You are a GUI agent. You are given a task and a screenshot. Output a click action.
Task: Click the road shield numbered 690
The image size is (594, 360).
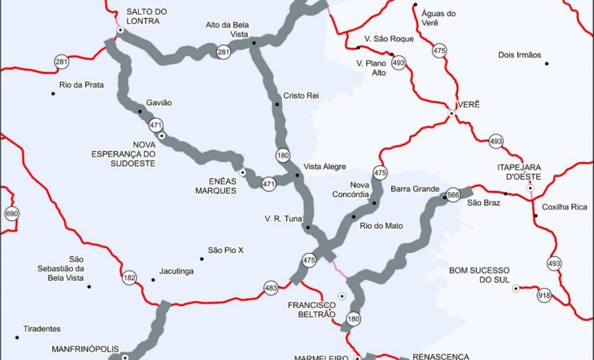click(11, 213)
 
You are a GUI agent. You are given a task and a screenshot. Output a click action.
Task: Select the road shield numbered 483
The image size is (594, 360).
click(271, 287)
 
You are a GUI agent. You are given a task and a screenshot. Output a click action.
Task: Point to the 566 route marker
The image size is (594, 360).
click(453, 193)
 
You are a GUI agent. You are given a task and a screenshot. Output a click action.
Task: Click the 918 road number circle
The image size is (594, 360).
click(544, 296)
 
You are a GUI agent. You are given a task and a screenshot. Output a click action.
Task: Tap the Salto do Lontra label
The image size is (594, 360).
click(146, 16)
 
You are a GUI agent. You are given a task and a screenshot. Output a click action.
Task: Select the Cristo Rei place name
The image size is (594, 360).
click(301, 96)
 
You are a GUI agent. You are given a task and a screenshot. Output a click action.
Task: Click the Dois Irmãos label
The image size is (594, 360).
click(519, 55)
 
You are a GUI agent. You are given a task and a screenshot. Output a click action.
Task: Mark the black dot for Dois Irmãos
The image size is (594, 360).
click(547, 64)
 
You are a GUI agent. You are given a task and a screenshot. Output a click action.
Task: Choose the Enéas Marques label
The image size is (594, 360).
click(216, 186)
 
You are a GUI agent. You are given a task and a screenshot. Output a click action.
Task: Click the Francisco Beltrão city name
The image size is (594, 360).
click(312, 309)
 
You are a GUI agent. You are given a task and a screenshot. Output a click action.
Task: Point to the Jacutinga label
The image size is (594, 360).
click(177, 272)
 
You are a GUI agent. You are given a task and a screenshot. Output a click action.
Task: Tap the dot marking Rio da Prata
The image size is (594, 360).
click(53, 94)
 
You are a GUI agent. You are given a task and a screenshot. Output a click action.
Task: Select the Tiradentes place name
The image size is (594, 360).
click(42, 329)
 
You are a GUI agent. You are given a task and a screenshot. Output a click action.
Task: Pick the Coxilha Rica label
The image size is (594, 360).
click(565, 207)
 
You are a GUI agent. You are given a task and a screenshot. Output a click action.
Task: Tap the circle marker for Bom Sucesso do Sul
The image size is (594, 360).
click(515, 289)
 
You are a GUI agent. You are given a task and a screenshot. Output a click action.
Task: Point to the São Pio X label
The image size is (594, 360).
click(225, 250)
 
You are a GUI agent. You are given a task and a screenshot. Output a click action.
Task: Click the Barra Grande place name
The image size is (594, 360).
click(415, 189)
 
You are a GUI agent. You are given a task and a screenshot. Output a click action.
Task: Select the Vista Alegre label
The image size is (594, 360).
click(325, 167)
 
